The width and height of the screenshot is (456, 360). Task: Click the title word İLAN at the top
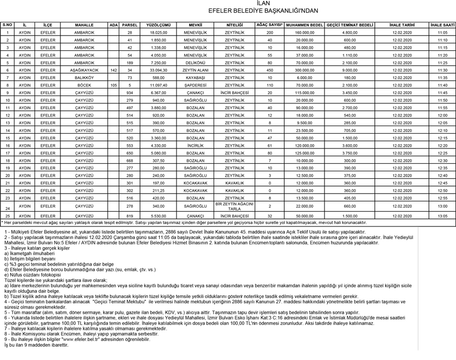tap(228, 4)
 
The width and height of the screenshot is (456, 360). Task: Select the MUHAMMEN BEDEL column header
tap(304, 25)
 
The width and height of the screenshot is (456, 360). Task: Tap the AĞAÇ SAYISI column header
tap(269, 25)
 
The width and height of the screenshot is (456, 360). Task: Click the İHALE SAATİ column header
tap(442, 25)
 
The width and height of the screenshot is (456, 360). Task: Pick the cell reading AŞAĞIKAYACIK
tap(84, 70)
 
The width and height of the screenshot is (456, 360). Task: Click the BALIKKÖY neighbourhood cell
tap(84, 77)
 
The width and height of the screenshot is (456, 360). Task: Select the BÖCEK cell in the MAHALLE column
tap(84, 85)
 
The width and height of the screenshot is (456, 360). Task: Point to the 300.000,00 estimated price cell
tap(304, 70)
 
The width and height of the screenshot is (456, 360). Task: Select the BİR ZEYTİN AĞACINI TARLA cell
tap(234, 206)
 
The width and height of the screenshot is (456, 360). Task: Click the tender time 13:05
tap(442, 216)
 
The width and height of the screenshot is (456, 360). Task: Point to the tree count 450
tap(269, 70)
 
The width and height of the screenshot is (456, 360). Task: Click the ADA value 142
tap(113, 70)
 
